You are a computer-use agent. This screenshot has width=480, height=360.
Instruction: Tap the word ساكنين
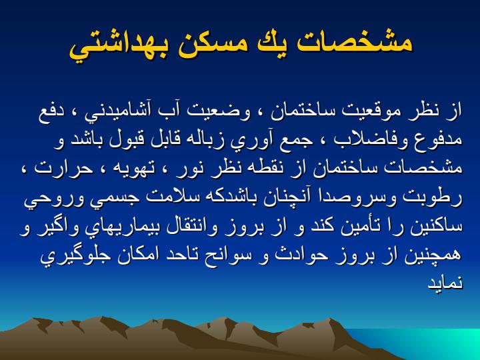click(x=439, y=227)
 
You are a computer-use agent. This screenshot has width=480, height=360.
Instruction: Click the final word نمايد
click(x=445, y=283)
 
